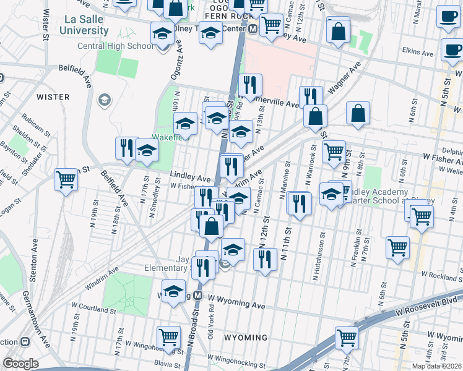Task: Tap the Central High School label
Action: (x=115, y=46)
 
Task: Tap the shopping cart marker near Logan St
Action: (x=66, y=181)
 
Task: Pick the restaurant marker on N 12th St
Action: (x=265, y=259)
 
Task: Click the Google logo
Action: (x=20, y=364)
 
